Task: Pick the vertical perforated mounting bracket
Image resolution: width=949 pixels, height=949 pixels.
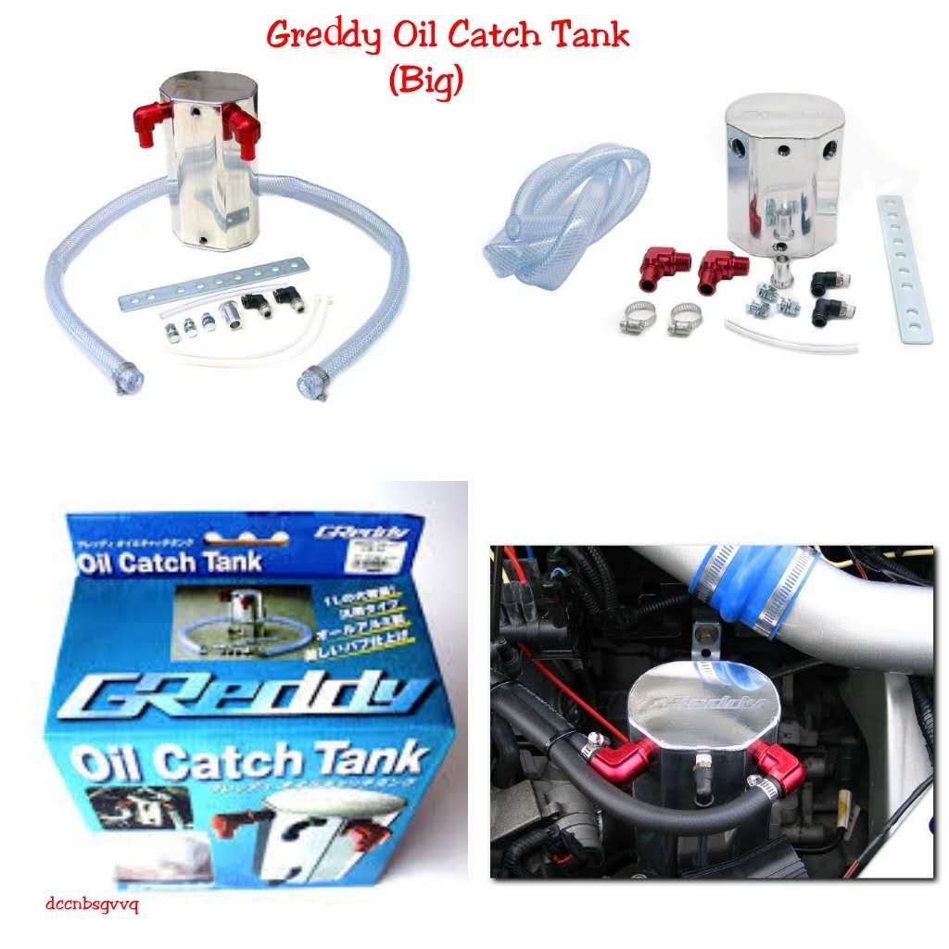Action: (904, 269)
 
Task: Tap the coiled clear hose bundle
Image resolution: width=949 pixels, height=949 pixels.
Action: (565, 209)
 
